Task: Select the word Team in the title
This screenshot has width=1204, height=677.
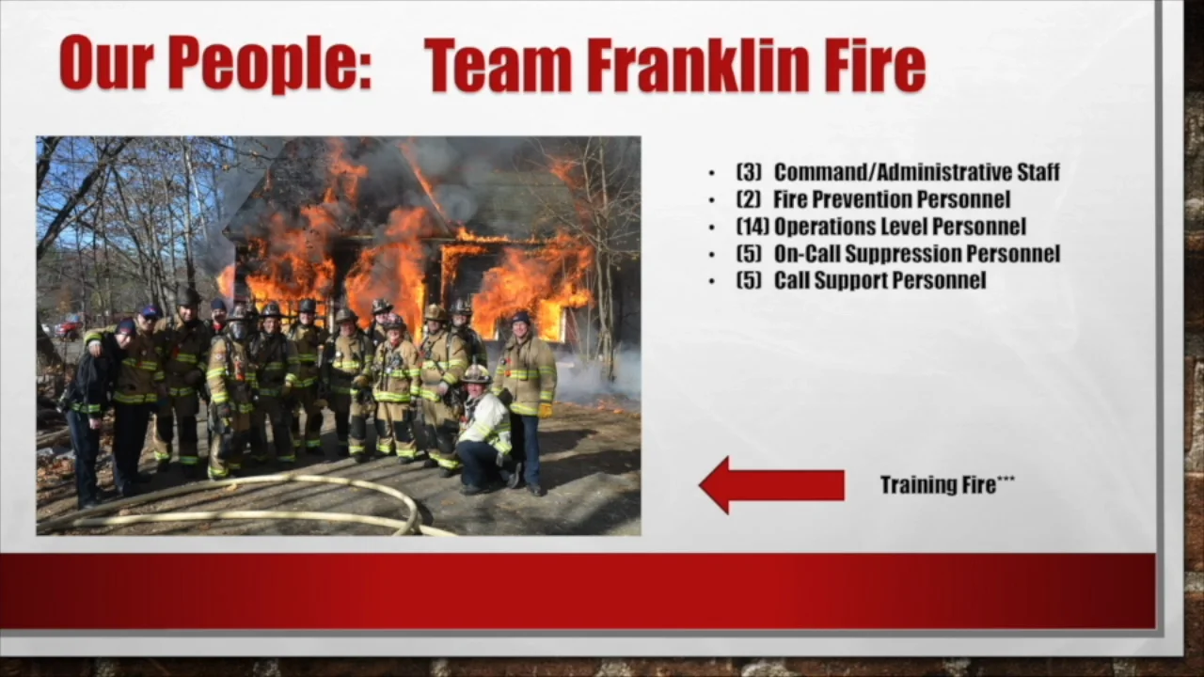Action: [x=498, y=66]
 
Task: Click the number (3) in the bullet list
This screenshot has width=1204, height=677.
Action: [x=749, y=172]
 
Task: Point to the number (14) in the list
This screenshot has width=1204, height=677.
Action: [x=752, y=227]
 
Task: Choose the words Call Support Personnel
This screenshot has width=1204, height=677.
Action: [x=879, y=280]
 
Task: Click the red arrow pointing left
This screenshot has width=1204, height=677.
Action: [x=771, y=485]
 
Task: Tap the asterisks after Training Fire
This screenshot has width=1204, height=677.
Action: [x=1006, y=480]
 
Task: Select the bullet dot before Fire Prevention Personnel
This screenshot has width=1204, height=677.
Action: [x=712, y=200]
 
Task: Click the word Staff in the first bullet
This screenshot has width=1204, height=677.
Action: [x=1038, y=172]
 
